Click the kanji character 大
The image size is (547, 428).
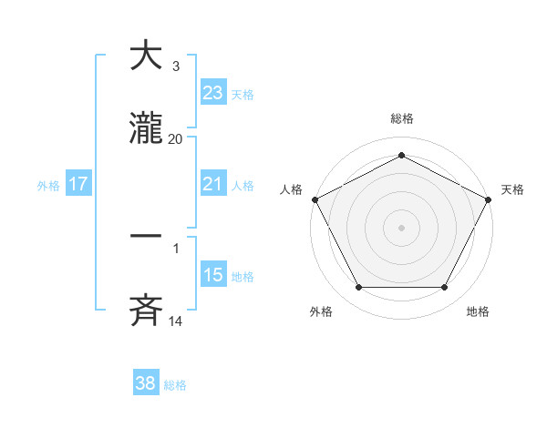[x=147, y=56]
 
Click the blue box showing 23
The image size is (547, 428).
[x=212, y=93]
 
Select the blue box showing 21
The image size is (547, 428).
[x=212, y=184]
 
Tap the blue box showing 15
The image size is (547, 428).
[x=212, y=275]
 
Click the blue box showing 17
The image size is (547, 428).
[x=78, y=184]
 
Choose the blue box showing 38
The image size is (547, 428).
[x=146, y=383]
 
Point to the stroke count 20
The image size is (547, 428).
[x=175, y=139]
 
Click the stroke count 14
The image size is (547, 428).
[x=175, y=321]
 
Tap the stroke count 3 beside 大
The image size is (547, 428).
[x=175, y=66]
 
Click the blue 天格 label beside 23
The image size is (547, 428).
[x=243, y=94]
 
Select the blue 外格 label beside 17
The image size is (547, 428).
[x=48, y=185]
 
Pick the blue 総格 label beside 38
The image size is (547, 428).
[x=175, y=384]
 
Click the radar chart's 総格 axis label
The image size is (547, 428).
[x=401, y=118]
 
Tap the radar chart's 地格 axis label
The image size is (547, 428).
[x=478, y=311]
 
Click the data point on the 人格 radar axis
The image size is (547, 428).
[x=315, y=199]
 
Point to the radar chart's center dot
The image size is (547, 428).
[x=401, y=227]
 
